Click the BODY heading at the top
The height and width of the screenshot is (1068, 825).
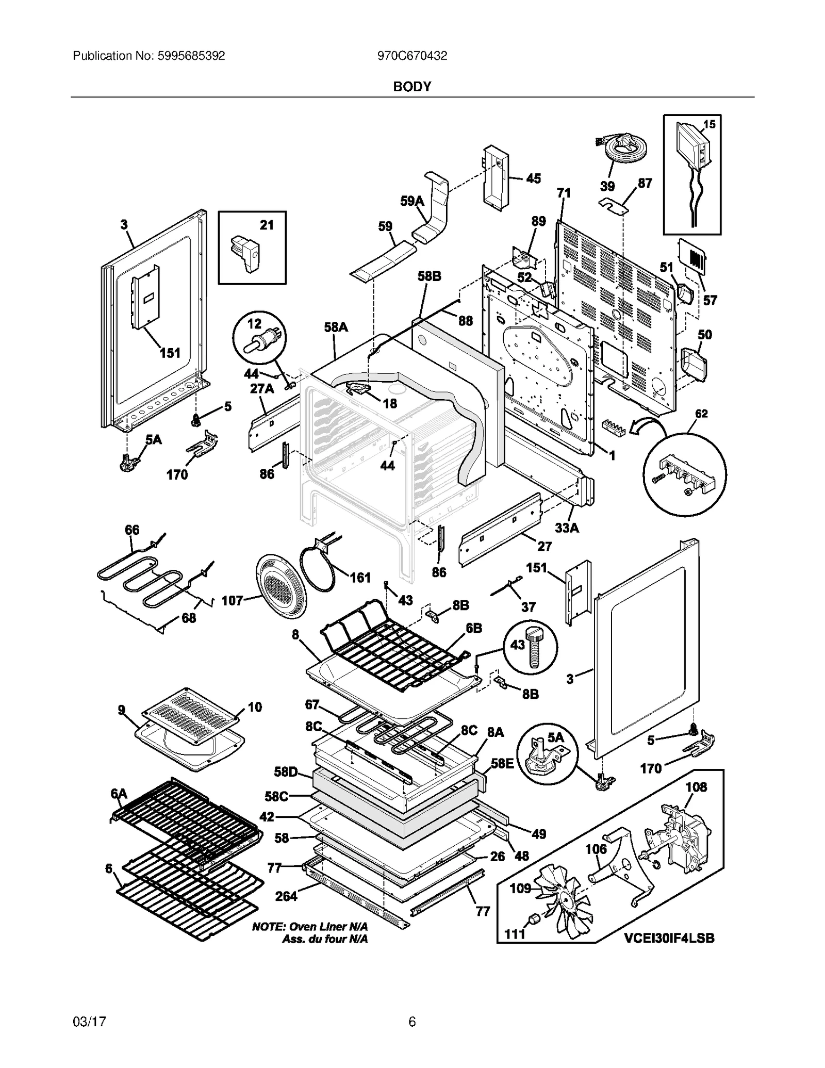point(411,87)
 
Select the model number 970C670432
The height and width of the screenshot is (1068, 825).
point(412,56)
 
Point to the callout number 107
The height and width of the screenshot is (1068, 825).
point(232,601)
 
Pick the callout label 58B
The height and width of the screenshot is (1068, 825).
point(429,276)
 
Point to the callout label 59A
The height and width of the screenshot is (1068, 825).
point(412,201)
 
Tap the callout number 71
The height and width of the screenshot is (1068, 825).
point(564,193)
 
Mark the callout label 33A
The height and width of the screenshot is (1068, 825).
point(567,528)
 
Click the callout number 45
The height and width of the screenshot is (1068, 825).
point(533,178)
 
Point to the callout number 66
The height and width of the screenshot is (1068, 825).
point(132,530)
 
